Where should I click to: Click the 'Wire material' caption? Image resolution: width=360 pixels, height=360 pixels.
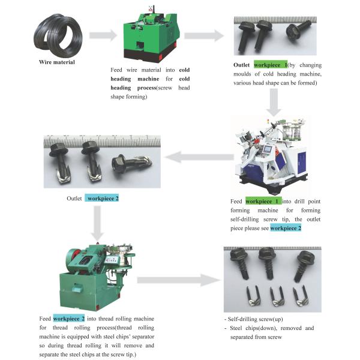click(57, 62)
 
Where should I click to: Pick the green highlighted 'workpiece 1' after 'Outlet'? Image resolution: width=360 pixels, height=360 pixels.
click(271, 64)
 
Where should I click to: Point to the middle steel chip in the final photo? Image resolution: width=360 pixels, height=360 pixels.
click(277, 295)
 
